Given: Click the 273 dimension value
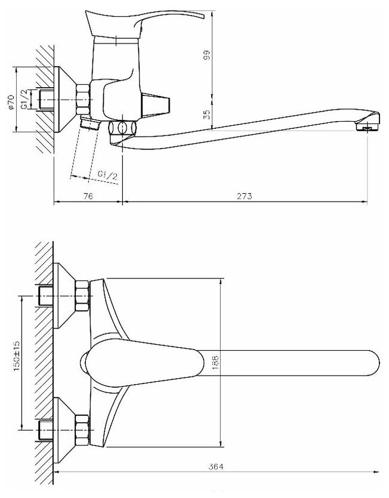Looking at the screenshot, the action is click(x=245, y=196).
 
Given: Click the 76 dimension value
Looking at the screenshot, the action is click(x=88, y=196).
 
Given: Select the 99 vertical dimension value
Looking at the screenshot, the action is click(x=207, y=57).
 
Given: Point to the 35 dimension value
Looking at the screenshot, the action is click(x=207, y=115).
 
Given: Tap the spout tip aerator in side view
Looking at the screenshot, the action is click(x=367, y=126).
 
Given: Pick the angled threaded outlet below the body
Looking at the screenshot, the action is click(x=89, y=123).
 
